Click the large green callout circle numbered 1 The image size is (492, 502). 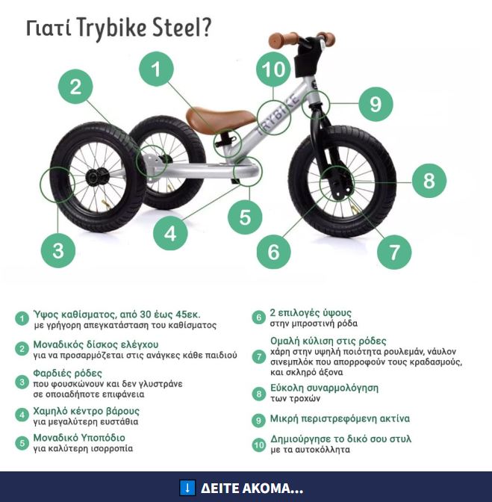tap(156, 69)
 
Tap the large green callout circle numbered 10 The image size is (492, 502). tap(273, 69)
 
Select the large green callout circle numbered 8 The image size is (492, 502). tap(429, 181)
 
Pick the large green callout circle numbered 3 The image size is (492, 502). tap(58, 251)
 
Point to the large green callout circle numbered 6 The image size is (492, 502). tap(274, 252)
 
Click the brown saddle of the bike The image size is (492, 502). tap(221, 119)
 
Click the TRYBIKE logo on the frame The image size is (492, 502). tap(278, 114)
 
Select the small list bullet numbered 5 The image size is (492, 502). tap(22, 443)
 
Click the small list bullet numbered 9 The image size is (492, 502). tap(258, 421)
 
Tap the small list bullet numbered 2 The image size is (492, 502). tap(22, 349)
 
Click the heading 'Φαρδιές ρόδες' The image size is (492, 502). tap(67, 374)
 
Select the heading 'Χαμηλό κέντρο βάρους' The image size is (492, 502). tap(87, 411)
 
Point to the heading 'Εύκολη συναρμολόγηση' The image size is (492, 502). tap(324, 388)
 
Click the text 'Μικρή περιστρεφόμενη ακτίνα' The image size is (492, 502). tap(340, 419)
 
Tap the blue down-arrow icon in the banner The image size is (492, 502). tap(187, 488)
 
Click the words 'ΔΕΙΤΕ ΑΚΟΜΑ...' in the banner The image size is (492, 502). tap(252, 489)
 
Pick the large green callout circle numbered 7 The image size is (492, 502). tap(394, 252)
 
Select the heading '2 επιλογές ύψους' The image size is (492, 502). tap(311, 313)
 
